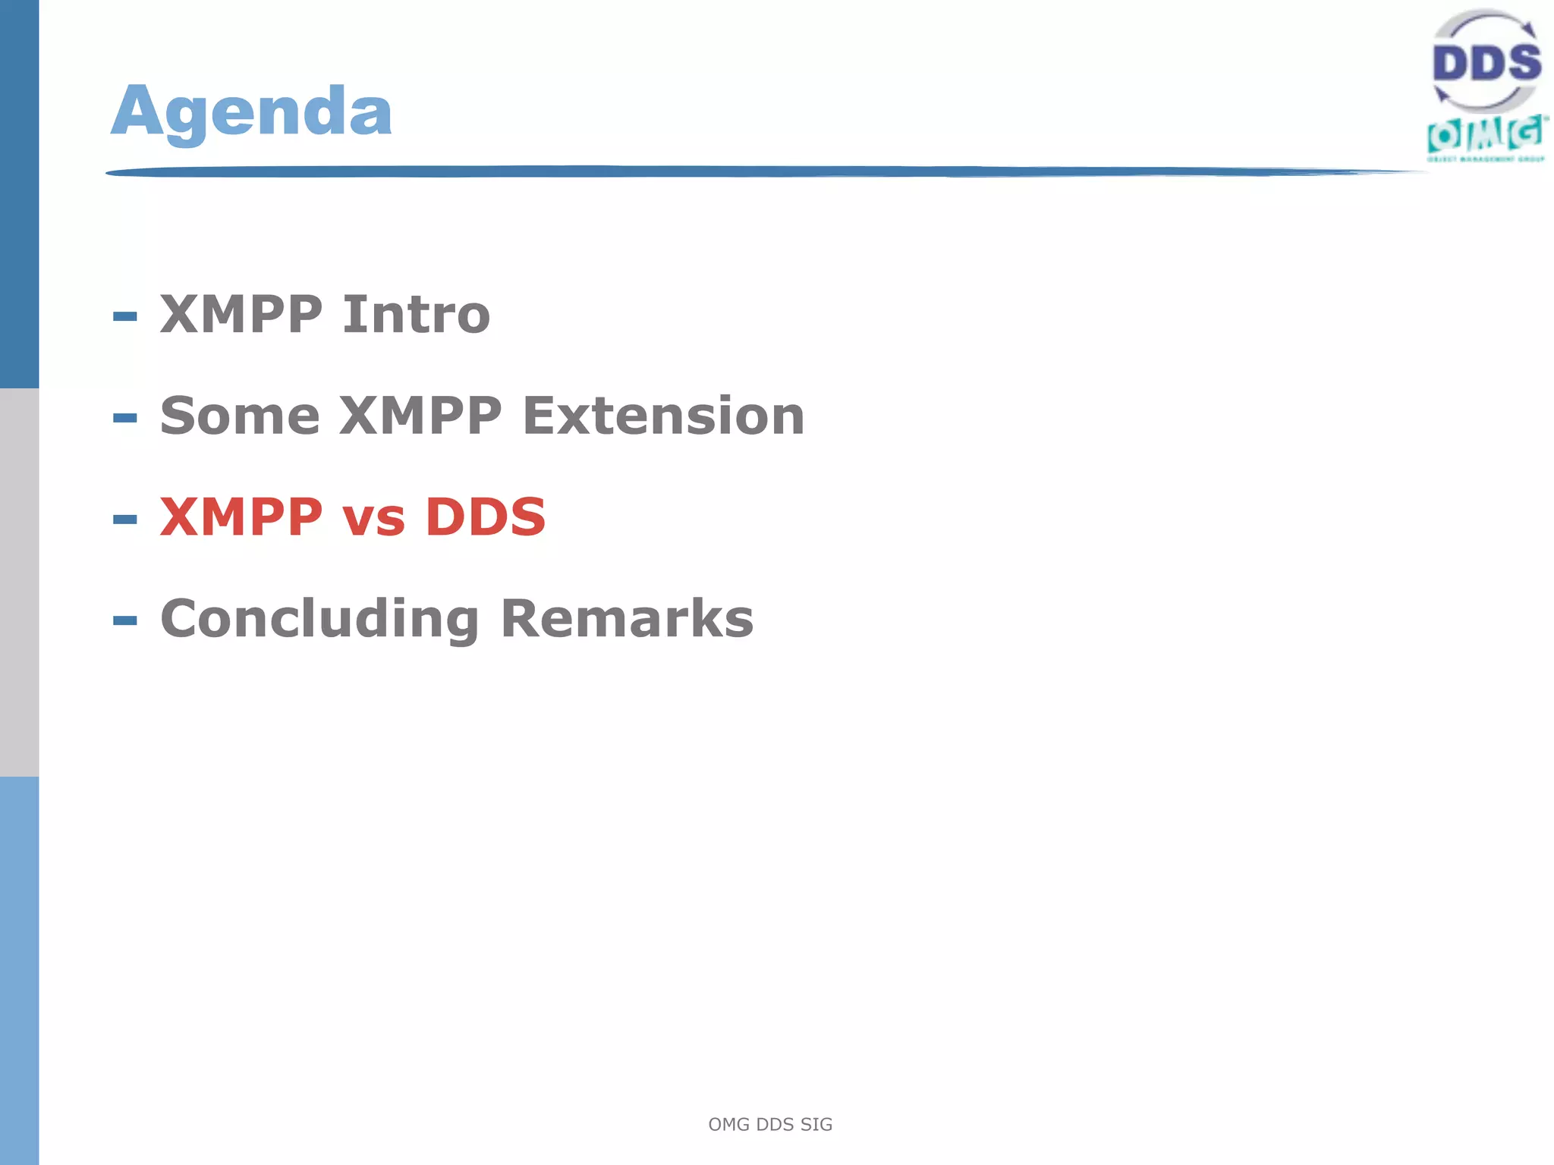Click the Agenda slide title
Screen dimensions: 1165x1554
(x=251, y=111)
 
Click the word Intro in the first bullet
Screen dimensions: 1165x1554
(x=416, y=314)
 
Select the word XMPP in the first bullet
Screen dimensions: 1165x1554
(x=241, y=314)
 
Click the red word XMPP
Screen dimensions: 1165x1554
(x=241, y=517)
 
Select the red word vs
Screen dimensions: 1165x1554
(x=373, y=519)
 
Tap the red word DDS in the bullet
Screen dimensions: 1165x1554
(x=486, y=517)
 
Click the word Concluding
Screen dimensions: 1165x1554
(x=319, y=620)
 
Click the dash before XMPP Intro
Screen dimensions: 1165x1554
(x=125, y=316)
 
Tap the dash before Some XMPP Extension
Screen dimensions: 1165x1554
(x=125, y=418)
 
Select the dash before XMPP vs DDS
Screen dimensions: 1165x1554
(x=125, y=520)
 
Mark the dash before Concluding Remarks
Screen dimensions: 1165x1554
(x=125, y=621)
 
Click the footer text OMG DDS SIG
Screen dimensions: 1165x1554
(x=770, y=1124)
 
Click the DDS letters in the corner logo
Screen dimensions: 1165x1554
(x=1486, y=62)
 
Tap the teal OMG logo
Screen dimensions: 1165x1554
(x=1486, y=135)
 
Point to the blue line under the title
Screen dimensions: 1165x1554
(x=759, y=172)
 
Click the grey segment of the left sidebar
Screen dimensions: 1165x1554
(x=19, y=582)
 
